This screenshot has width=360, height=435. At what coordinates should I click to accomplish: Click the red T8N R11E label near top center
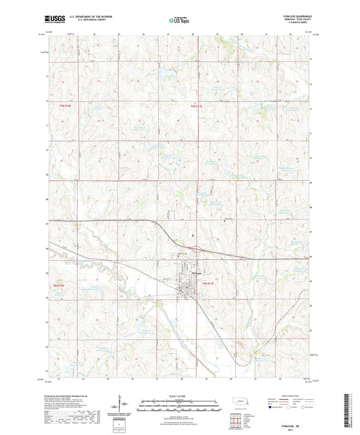point(195,106)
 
